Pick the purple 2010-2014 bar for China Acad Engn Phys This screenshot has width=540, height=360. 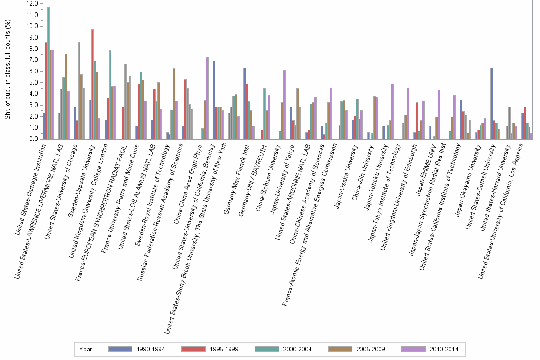click(x=207, y=98)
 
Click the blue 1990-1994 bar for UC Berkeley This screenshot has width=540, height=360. click(x=214, y=100)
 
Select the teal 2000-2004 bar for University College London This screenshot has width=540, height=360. click(x=110, y=95)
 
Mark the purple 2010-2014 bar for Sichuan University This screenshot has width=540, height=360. click(x=284, y=105)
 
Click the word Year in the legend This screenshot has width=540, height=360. click(x=86, y=349)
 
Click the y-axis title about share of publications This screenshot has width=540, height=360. click(x=8, y=71)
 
